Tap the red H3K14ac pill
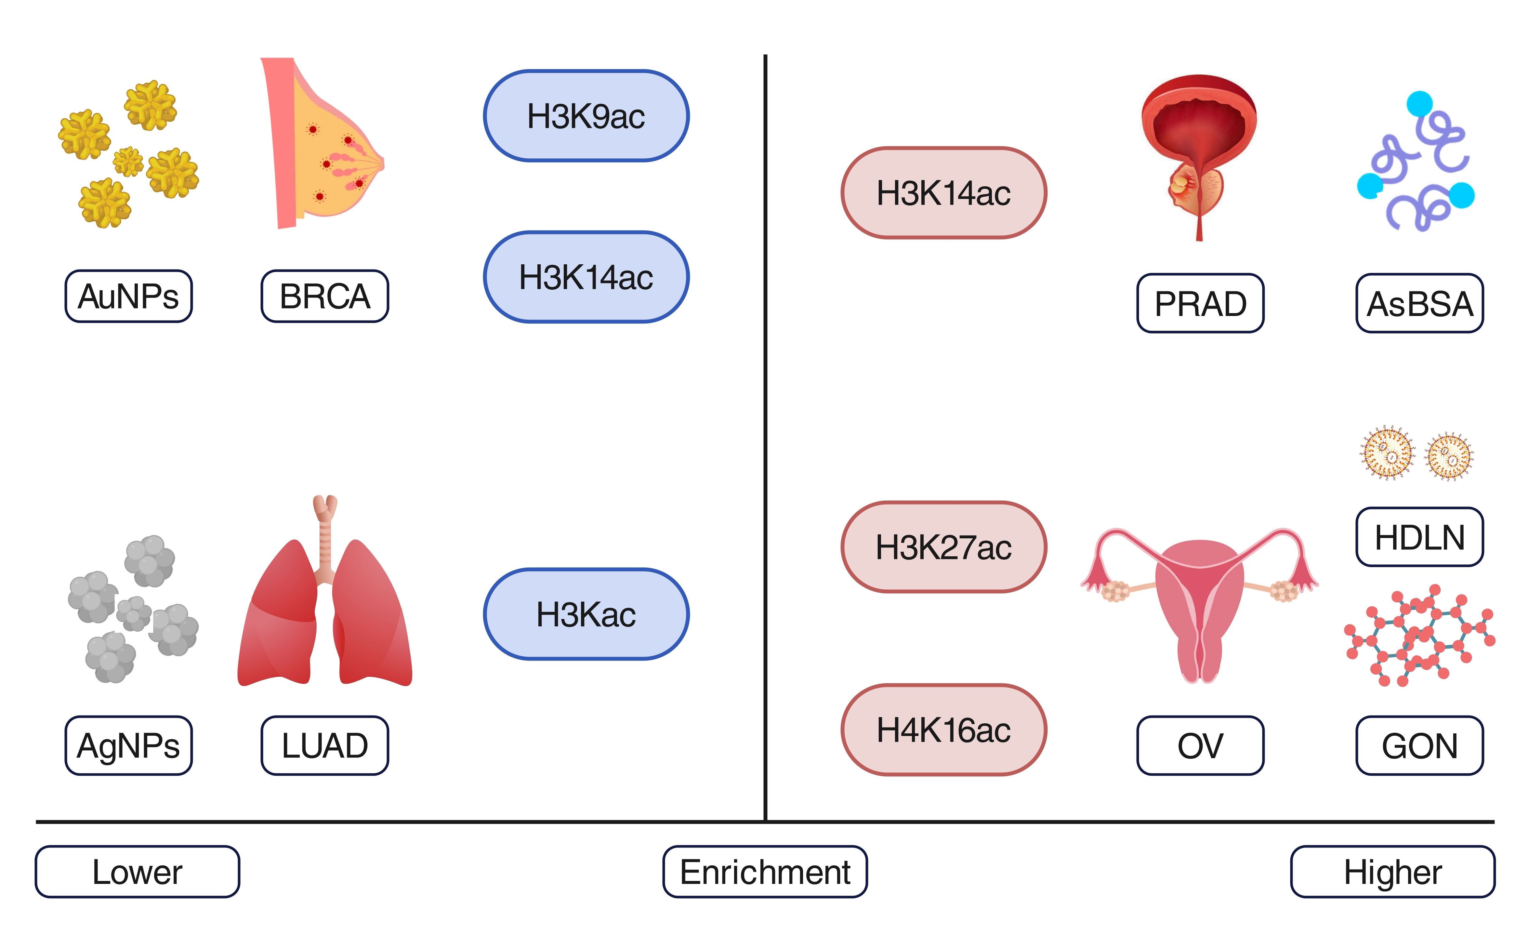pyautogui.click(x=943, y=193)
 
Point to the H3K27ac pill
pyautogui.click(x=943, y=547)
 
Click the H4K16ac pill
pyautogui.click(x=943, y=730)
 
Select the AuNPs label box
pyautogui.click(x=128, y=296)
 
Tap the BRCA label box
pyautogui.click(x=324, y=296)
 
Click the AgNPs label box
pyautogui.click(x=128, y=745)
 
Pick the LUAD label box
pyautogui.click(x=324, y=745)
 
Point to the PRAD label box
pyautogui.click(x=1200, y=303)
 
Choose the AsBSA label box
pyautogui.click(x=1419, y=303)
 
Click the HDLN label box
pyautogui.click(x=1419, y=537)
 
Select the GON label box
pyautogui.click(x=1419, y=745)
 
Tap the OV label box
pyautogui.click(x=1200, y=745)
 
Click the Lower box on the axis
pyautogui.click(x=137, y=872)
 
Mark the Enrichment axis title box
pyautogui.click(x=765, y=872)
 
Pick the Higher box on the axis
pyautogui.click(x=1393, y=872)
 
